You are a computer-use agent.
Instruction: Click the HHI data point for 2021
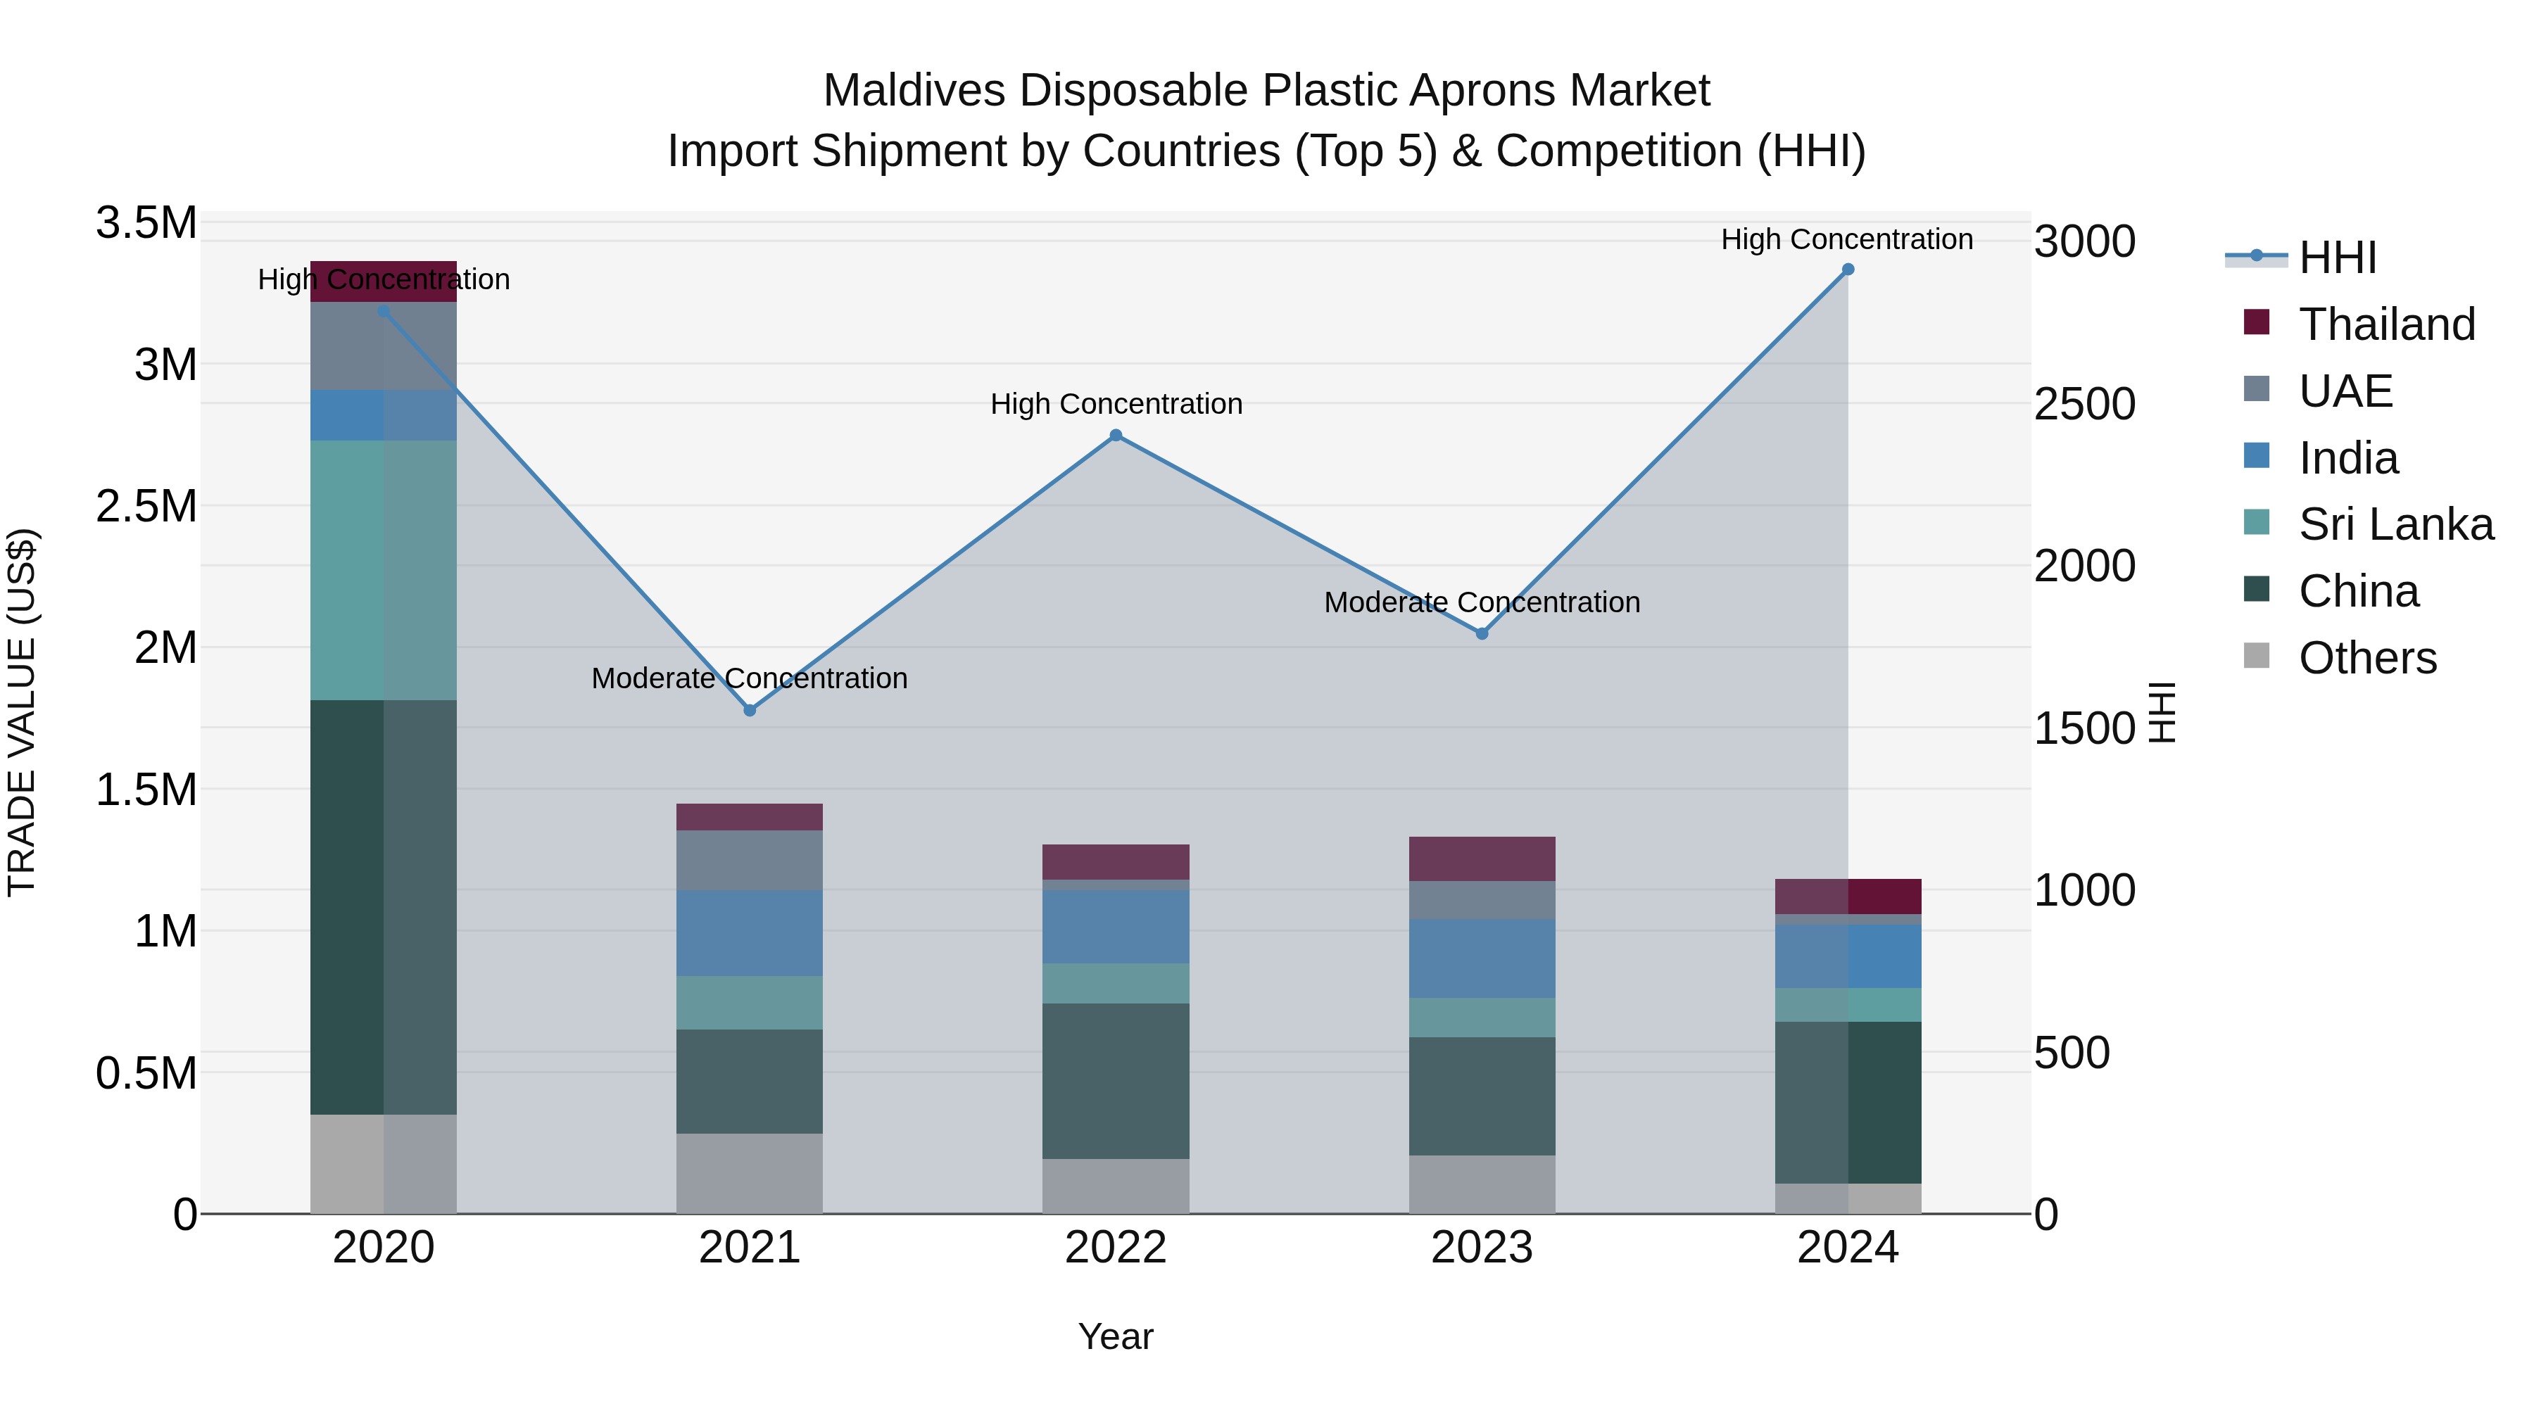click(750, 710)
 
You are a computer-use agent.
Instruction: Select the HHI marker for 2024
click(1848, 270)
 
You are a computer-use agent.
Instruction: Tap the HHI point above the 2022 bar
click(1116, 435)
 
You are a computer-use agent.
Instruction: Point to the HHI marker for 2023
click(1482, 634)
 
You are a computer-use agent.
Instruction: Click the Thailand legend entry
click(2385, 324)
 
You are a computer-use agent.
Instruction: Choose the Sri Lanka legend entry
click(2395, 524)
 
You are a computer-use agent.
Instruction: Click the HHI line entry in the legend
click(2336, 258)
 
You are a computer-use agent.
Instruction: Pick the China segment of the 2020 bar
click(384, 907)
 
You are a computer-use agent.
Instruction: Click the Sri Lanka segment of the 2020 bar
click(384, 571)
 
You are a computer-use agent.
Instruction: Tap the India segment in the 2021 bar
click(750, 932)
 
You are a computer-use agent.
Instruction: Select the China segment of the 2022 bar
click(1116, 1081)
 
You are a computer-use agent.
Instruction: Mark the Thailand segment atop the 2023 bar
click(1482, 859)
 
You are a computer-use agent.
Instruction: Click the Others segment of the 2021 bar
click(750, 1173)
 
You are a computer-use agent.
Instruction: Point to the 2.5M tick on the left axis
click(146, 507)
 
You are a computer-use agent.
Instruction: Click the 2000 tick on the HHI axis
click(2084, 566)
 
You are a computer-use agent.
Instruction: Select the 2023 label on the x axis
click(1482, 1248)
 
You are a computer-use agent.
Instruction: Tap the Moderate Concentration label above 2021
click(750, 678)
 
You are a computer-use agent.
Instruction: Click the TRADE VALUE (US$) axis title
click(22, 712)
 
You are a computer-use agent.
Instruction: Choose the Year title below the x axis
click(1116, 1336)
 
